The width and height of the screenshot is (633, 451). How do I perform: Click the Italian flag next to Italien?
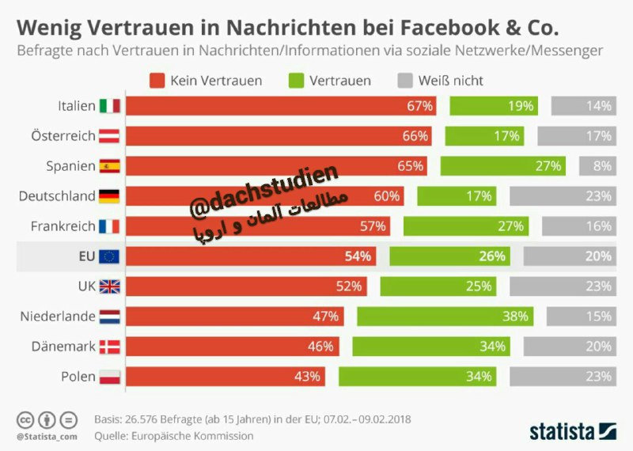point(110,106)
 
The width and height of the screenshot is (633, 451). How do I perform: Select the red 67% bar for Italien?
point(281,106)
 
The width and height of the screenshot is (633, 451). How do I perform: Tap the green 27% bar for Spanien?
point(503,166)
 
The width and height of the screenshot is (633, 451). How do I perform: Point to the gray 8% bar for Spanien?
point(598,166)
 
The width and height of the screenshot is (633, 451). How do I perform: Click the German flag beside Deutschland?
point(109,196)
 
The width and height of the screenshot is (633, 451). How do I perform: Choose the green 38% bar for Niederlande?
point(445,316)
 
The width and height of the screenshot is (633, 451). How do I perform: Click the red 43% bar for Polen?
point(226,377)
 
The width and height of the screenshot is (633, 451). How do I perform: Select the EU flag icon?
point(109,256)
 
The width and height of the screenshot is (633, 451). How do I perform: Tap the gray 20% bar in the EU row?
point(570,256)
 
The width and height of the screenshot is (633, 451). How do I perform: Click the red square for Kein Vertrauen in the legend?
point(157,81)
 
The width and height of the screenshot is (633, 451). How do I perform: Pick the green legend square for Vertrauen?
point(296,81)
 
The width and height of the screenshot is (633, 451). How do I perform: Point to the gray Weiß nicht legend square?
point(405,81)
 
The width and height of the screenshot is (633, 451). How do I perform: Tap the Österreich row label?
point(63,135)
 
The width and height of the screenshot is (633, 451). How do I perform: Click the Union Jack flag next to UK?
point(110,286)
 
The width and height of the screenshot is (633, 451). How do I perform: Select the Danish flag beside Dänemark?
point(110,347)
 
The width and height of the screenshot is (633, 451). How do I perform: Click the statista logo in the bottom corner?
point(573,432)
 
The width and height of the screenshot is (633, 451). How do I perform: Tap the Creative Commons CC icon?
point(25,420)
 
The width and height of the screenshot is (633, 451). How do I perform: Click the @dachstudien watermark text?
point(264,190)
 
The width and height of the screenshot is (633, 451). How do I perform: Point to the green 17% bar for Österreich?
point(484,136)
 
